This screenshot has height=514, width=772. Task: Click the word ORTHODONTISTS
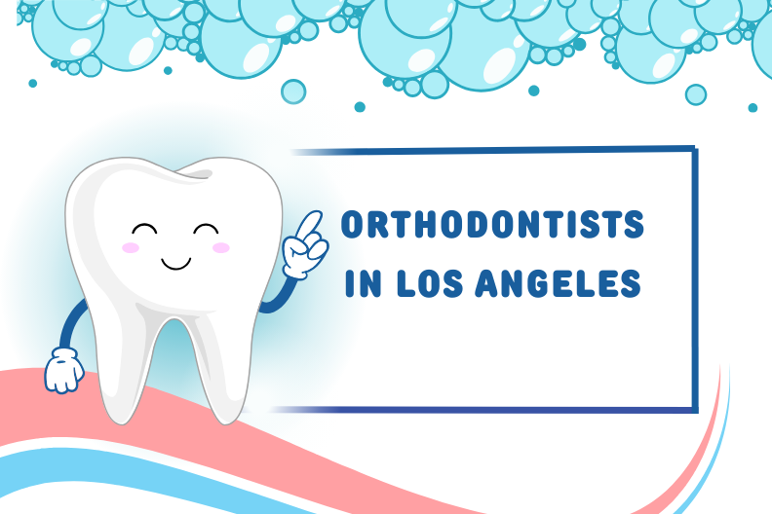click(x=492, y=224)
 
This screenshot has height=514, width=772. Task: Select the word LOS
click(x=430, y=283)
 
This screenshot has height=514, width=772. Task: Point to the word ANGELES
click(x=558, y=283)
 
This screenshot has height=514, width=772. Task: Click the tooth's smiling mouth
click(x=175, y=264)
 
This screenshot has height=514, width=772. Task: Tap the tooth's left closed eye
click(x=144, y=229)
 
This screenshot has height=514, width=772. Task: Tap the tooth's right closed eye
click(x=206, y=229)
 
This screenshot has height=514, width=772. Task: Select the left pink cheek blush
click(x=131, y=247)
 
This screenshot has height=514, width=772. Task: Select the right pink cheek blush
click(x=221, y=247)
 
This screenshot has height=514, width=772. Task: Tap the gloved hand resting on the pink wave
click(x=64, y=370)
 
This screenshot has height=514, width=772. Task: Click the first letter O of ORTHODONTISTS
click(x=352, y=224)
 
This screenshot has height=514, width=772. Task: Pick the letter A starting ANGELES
click(x=487, y=284)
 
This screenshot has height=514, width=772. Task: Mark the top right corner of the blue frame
click(x=695, y=148)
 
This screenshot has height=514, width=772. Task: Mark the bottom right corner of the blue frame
click(x=695, y=410)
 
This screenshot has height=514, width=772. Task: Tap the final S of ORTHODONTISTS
click(x=634, y=224)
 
